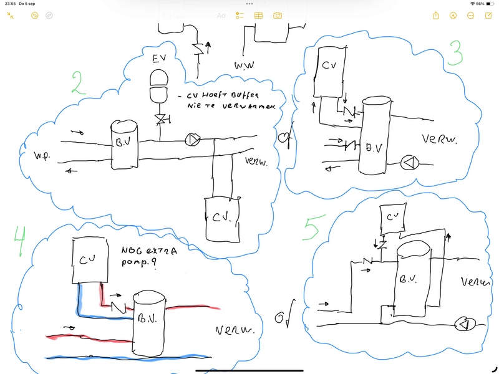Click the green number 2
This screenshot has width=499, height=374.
pos(79,82)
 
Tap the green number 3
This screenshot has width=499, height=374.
pos(456,54)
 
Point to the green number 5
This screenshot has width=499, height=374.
pos(310,229)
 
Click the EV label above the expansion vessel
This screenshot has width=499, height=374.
pos(161,59)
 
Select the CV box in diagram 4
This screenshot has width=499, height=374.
pos(92,259)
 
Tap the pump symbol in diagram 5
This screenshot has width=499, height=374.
pos(465,324)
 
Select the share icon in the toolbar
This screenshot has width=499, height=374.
pos(436,15)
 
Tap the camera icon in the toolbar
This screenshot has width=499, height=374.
pos(278,15)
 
